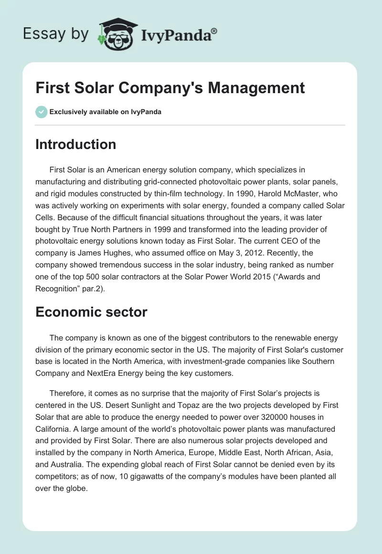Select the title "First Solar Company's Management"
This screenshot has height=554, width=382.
[x=170, y=88]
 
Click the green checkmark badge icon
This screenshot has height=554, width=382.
[x=41, y=112]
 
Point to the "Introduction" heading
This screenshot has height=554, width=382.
[x=75, y=145]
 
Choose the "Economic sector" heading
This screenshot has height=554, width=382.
[x=91, y=312]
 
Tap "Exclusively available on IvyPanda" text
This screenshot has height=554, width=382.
[x=105, y=112]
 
